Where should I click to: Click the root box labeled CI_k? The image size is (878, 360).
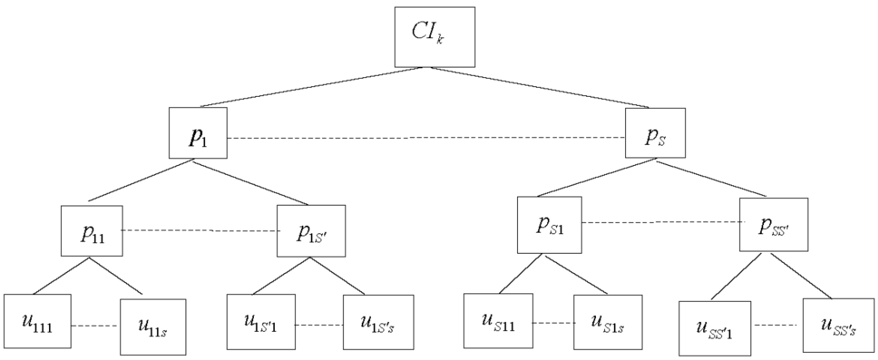point(435,37)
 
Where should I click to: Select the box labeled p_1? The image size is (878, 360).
point(198,133)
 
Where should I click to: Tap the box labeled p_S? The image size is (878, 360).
point(655,133)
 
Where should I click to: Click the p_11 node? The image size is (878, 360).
point(92,231)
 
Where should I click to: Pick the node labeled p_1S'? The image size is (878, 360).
point(311,231)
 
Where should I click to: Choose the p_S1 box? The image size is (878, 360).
point(549,225)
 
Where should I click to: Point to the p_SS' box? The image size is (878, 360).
point(773,225)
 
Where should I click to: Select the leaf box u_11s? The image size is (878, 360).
point(153,327)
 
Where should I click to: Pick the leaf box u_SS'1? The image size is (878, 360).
point(715,328)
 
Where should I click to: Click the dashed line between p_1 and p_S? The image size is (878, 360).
point(426,138)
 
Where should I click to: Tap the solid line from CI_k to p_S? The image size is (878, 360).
point(538,87)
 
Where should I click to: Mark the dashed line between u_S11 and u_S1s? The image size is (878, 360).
point(553,323)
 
